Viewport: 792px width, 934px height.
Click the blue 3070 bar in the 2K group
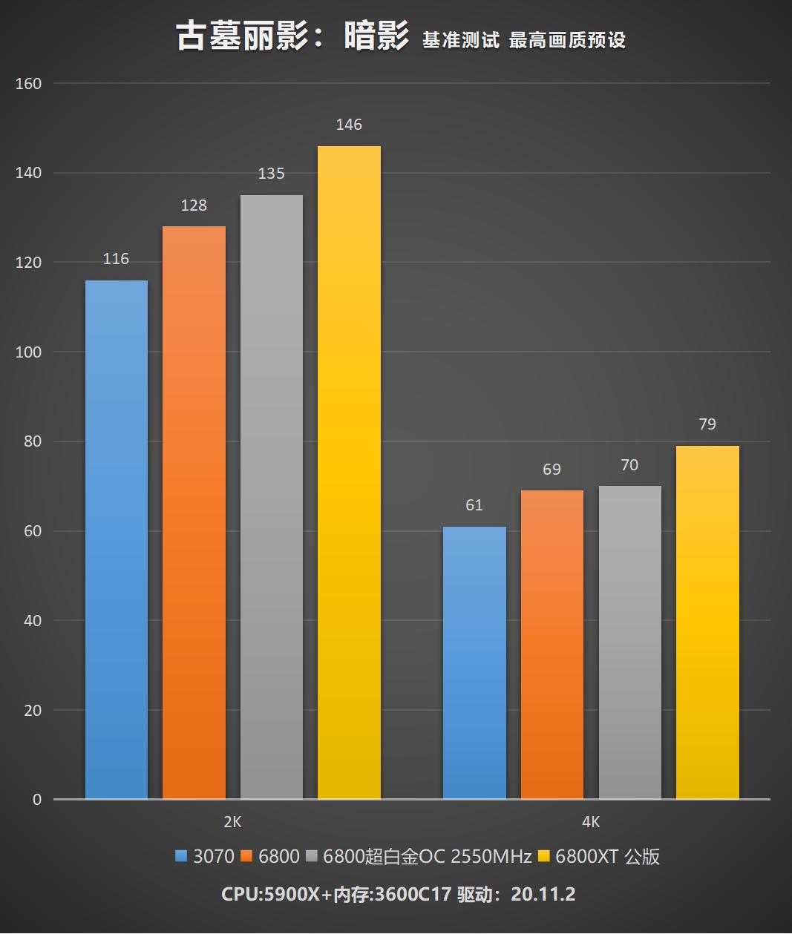117,539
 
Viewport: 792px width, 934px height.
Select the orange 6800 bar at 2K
194,512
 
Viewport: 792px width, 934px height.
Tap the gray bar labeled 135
272,497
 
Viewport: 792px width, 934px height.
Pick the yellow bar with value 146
349,472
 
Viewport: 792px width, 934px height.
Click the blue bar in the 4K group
474,662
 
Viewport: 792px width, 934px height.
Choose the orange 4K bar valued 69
552,645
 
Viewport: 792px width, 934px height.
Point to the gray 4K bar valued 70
629,642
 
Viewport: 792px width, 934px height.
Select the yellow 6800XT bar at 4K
707,622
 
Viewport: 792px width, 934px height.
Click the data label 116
116,259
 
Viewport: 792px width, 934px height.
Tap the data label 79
707,424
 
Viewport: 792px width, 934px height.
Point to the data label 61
474,505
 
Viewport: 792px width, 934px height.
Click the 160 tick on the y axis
28,84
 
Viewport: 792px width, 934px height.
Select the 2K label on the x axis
232,822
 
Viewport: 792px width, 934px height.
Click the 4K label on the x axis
591,822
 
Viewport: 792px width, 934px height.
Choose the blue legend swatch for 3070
181,857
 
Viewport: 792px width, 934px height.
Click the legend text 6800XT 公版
607,857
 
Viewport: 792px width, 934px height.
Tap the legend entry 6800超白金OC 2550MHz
427,857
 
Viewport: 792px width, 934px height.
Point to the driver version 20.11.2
543,894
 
